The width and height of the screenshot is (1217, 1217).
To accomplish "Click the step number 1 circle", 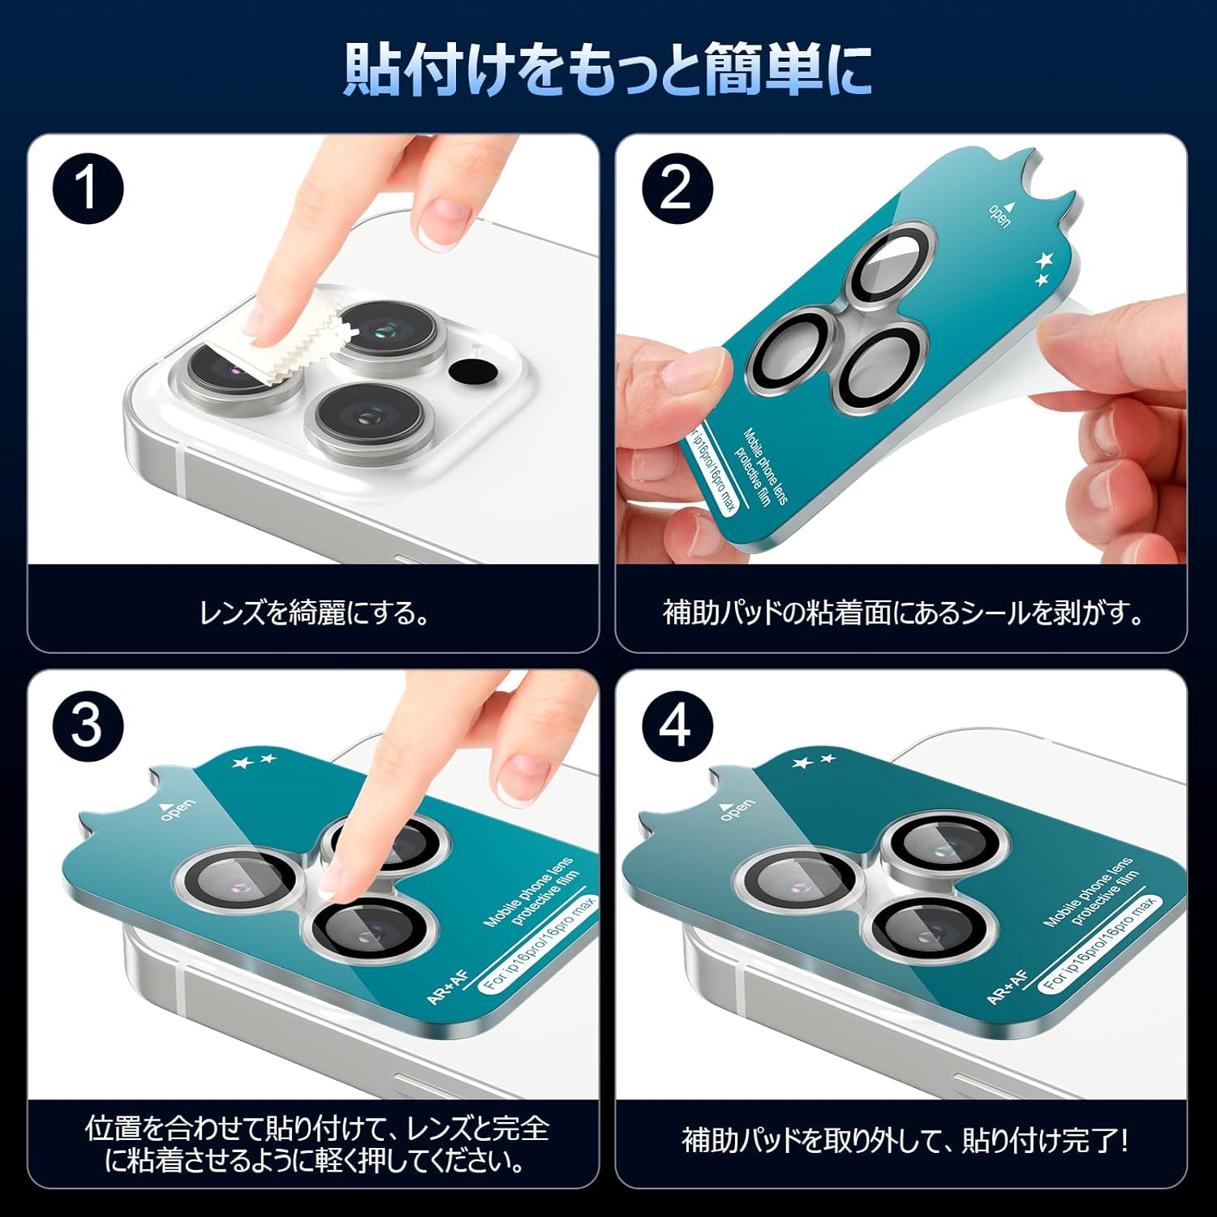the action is pos(88,189).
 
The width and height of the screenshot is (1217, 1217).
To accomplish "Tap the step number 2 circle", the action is pos(677,189).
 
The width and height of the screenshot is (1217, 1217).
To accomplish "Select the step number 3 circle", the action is pos(88,725).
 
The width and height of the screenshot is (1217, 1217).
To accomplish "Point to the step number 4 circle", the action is pos(677,725).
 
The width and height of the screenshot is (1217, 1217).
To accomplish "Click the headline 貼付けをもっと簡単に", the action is pos(608,68).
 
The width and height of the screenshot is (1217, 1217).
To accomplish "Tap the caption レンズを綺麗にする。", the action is pos(315,613).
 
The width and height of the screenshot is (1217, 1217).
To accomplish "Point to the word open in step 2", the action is pos(1000,214).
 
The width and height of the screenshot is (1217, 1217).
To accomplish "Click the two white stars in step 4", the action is pos(814,762).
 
